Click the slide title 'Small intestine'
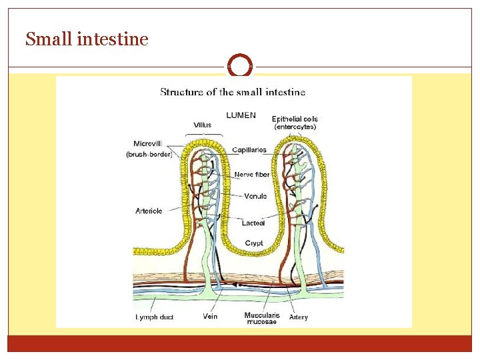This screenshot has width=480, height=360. click(x=87, y=40)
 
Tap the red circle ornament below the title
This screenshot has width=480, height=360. click(x=240, y=66)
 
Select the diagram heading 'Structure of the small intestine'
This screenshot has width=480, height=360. click(x=233, y=92)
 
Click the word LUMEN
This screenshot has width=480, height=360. click(x=241, y=115)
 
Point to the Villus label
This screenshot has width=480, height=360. click(x=203, y=125)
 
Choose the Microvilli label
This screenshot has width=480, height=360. click(x=148, y=143)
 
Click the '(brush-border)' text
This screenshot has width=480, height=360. click(x=149, y=154)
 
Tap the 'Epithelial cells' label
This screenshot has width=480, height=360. click(x=295, y=119)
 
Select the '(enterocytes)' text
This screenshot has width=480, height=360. click(x=295, y=127)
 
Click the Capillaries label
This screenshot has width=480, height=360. click(x=249, y=150)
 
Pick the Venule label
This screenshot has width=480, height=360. click(x=255, y=196)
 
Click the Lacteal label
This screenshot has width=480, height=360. click(x=253, y=223)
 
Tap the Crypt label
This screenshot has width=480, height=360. click(x=254, y=243)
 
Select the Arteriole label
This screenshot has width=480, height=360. click(x=148, y=211)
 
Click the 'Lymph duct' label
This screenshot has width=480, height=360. click(x=154, y=317)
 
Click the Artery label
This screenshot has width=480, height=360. click(x=299, y=317)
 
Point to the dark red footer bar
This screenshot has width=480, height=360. click(x=240, y=343)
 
